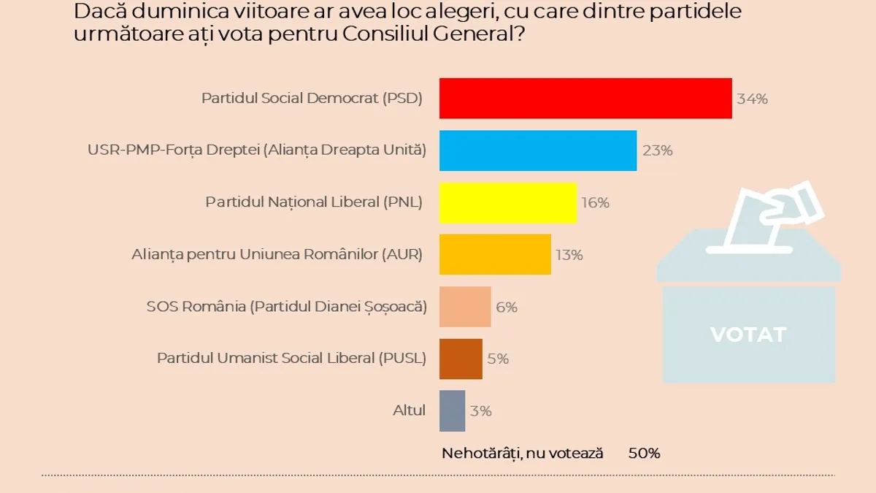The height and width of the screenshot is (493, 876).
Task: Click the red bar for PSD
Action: [x=585, y=98]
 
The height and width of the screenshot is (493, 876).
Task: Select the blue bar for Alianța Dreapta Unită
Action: [x=537, y=150]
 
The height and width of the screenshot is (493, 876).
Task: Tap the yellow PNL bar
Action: [x=507, y=202]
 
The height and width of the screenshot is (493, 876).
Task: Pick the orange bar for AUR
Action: [x=494, y=254]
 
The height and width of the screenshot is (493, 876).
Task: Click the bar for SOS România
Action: [x=464, y=307]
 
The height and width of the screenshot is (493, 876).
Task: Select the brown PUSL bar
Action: [x=460, y=359]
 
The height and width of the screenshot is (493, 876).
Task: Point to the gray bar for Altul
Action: [x=451, y=410]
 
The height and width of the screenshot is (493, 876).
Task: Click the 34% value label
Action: [x=752, y=99]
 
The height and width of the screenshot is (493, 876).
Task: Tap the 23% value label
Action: [x=657, y=151]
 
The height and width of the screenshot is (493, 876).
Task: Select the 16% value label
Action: [x=595, y=203]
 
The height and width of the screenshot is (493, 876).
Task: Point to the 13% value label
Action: [x=569, y=255]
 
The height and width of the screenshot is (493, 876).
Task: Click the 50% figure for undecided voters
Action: [x=644, y=454]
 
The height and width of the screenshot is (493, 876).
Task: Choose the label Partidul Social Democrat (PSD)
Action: [x=312, y=99]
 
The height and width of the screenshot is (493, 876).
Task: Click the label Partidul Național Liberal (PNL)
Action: [x=314, y=202]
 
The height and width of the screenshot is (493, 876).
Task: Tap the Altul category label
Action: [x=409, y=410]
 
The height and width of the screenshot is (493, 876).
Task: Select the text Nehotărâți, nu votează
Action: [x=523, y=454]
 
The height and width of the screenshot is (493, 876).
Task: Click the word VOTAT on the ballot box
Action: [x=748, y=335]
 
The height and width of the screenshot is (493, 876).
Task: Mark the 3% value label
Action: [x=481, y=411]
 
